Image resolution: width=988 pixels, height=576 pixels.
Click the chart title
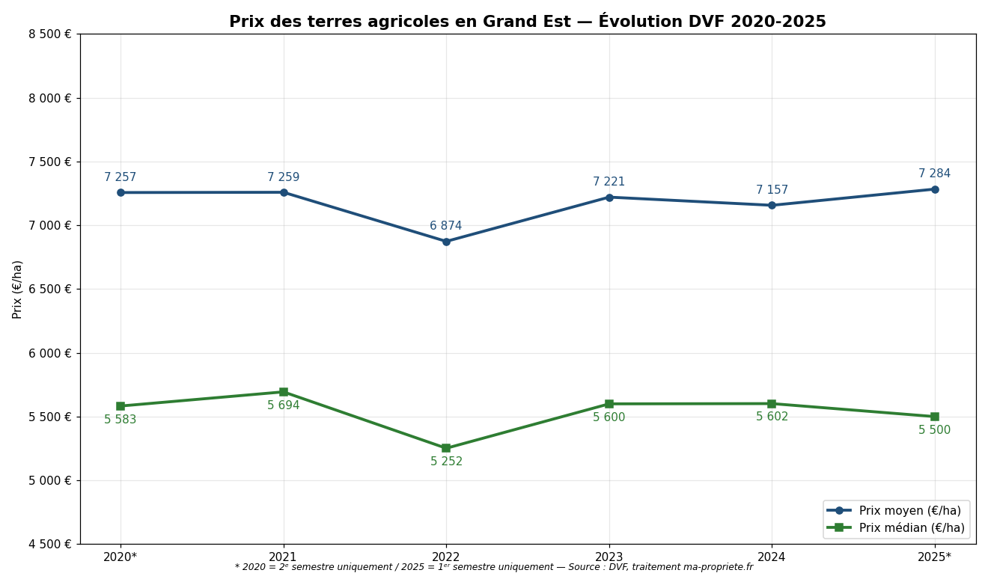(527, 22)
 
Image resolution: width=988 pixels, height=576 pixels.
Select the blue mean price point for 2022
(446, 242)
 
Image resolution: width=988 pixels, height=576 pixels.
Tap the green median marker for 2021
(284, 392)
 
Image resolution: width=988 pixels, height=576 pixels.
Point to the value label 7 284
(934, 174)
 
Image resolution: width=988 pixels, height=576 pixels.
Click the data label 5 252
(446, 462)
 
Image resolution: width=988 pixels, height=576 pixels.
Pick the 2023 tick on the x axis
(609, 557)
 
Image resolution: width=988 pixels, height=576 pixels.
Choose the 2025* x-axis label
(934, 557)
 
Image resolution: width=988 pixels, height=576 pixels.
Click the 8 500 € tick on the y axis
(50, 34)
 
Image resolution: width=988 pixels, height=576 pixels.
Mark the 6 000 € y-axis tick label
(50, 353)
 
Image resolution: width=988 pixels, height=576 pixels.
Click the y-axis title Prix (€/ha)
(18, 289)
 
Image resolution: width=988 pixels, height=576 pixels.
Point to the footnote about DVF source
(494, 568)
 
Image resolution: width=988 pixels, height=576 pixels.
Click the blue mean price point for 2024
(772, 205)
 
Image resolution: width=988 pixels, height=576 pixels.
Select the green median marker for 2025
(934, 417)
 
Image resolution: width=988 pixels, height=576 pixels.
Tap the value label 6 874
(445, 226)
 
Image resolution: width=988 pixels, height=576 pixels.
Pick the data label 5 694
(283, 405)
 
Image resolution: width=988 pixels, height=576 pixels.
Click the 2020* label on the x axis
(121, 557)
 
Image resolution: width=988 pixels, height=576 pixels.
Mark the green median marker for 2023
(609, 404)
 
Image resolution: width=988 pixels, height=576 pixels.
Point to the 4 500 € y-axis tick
(50, 545)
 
